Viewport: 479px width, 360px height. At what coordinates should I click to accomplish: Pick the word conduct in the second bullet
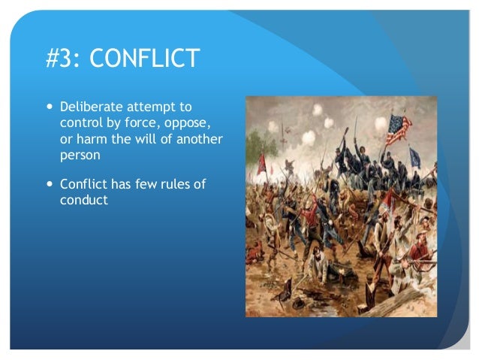point(84,201)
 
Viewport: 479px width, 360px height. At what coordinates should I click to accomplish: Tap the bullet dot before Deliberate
point(50,108)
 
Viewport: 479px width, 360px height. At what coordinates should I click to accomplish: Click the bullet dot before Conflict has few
point(50,183)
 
